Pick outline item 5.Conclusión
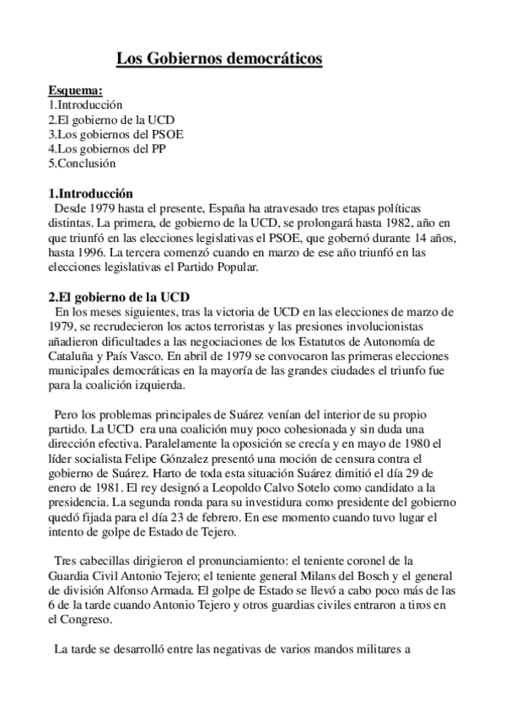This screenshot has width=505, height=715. click(x=82, y=163)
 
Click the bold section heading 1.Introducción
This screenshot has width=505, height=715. click(x=91, y=192)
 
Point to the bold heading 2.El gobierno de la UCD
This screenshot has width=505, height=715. click(x=120, y=296)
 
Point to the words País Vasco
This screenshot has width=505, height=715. click(x=128, y=354)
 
